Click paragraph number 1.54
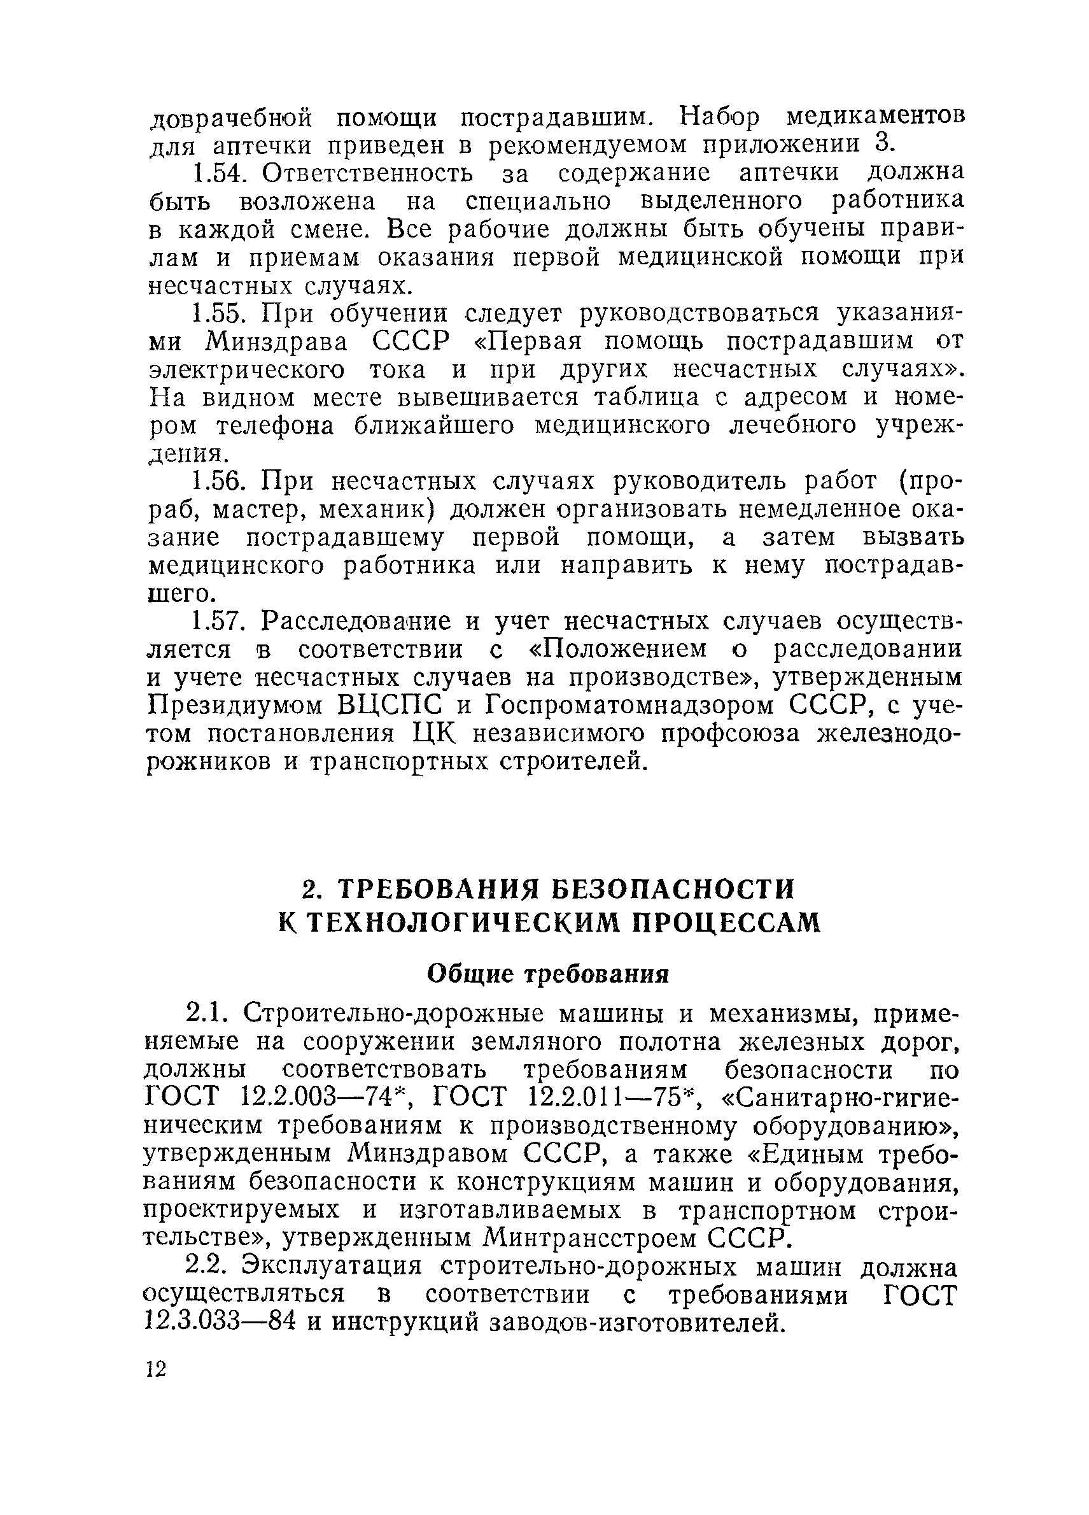216,173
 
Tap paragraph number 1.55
216,313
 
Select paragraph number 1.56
216,481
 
